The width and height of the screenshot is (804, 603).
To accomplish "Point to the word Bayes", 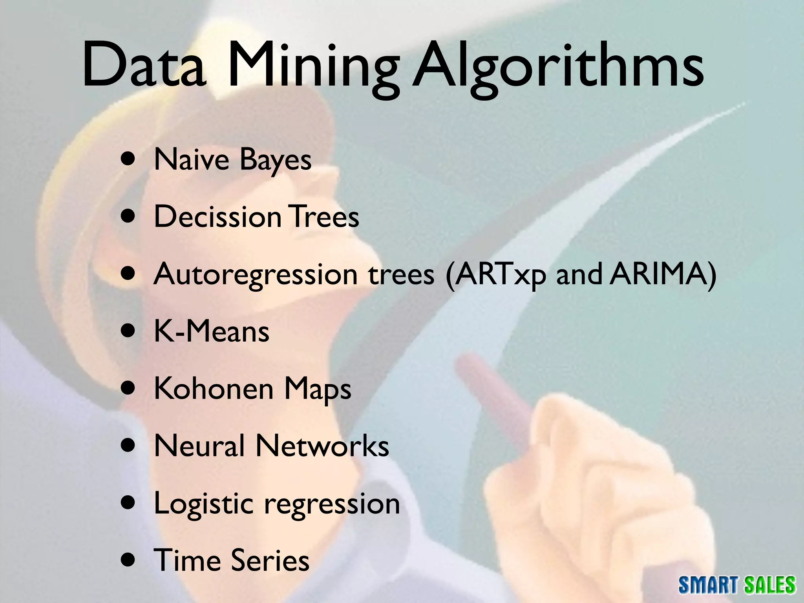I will [x=275, y=161].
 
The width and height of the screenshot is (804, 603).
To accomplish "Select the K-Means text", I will [x=212, y=332].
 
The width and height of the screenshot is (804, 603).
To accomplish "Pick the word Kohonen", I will [x=214, y=389].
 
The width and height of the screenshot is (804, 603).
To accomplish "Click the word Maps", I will [x=318, y=390].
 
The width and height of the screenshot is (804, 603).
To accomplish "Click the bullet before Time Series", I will [x=130, y=560].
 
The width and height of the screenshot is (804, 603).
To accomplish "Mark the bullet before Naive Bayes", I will [x=130, y=160].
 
